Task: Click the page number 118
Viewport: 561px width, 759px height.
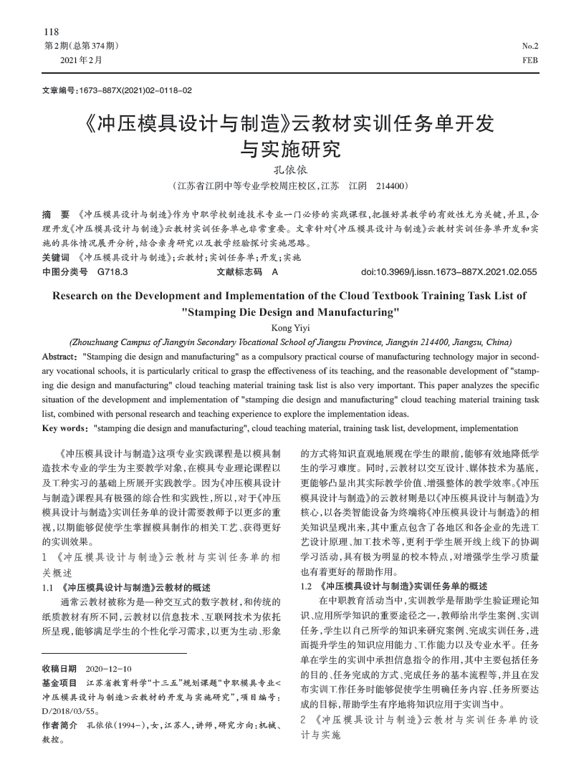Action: click(52, 32)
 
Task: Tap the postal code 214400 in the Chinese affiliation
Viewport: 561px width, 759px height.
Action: click(392, 186)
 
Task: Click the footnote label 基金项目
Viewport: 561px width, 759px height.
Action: click(59, 683)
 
